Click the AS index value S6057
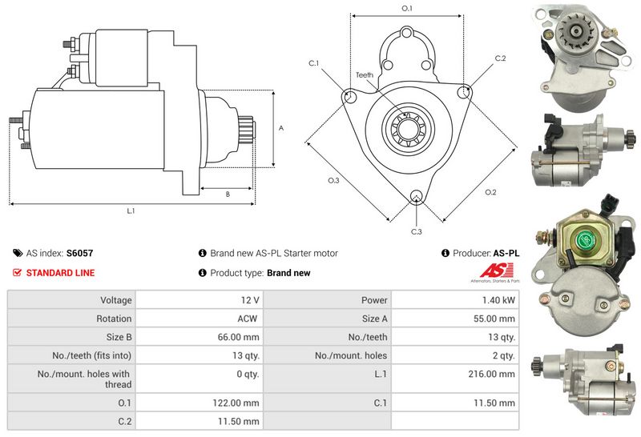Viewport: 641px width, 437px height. click(x=79, y=253)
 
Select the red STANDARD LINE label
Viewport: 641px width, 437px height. click(x=60, y=273)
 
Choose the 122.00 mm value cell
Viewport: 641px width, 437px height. click(x=240, y=403)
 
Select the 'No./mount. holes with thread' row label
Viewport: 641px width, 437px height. click(x=84, y=379)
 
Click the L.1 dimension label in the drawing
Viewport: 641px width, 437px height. click(x=131, y=210)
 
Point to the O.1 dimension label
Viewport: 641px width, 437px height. click(x=406, y=9)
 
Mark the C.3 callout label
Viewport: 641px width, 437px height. click(x=417, y=231)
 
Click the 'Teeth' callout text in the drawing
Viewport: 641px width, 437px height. click(x=365, y=75)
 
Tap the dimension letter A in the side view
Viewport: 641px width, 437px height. click(x=280, y=128)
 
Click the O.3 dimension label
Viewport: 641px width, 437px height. click(x=334, y=181)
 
